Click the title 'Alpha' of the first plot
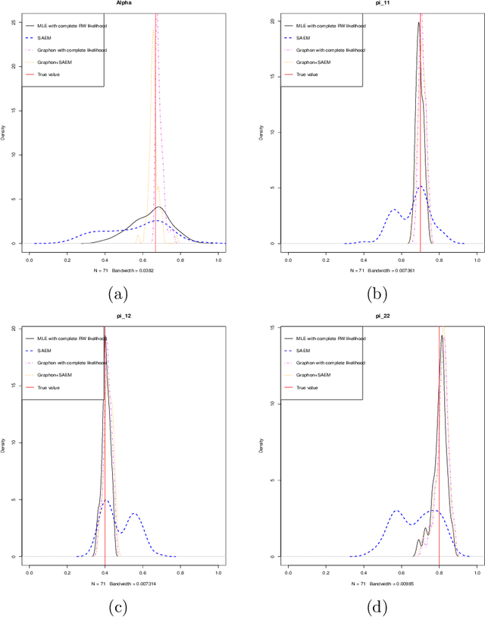click(124, 4)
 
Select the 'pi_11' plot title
click(382, 4)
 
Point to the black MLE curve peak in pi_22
click(442, 336)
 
